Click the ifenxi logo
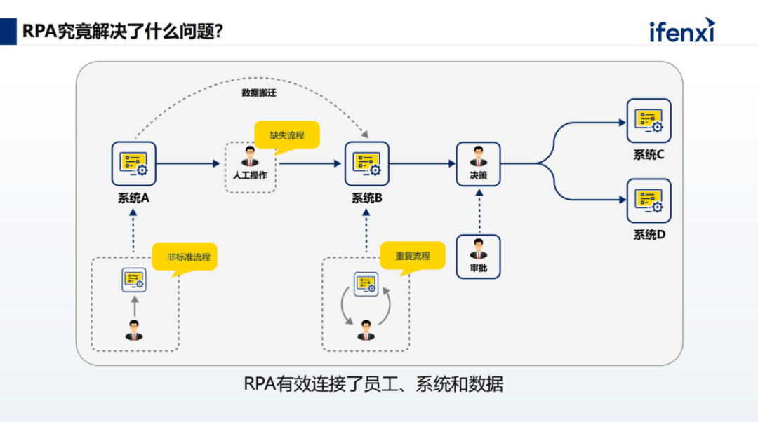[x=681, y=30]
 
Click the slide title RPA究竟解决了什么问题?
[x=123, y=32]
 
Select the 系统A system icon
[x=133, y=164]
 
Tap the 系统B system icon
[x=366, y=164]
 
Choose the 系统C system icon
[x=649, y=121]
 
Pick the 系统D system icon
[x=649, y=201]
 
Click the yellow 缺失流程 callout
[x=287, y=135]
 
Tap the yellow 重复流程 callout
[x=413, y=256]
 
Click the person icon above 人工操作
[x=250, y=157]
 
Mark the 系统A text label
[x=133, y=198]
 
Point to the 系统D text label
[x=649, y=235]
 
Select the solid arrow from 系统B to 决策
[x=422, y=164]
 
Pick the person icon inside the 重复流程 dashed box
[x=366, y=330]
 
